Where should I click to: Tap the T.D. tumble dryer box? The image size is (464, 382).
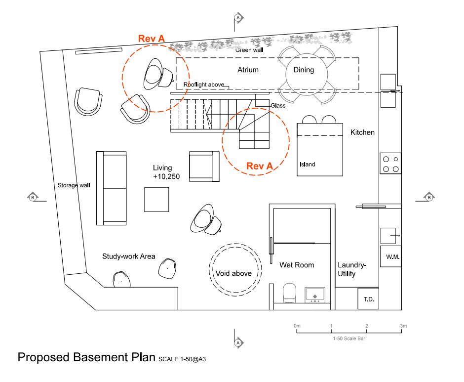click(x=368, y=299)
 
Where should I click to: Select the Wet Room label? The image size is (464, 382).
click(x=297, y=265)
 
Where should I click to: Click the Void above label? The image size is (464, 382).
click(x=233, y=273)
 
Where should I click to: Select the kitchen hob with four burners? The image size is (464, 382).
click(x=390, y=164)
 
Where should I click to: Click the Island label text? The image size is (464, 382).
click(x=307, y=165)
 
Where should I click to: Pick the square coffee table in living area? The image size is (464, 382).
click(x=156, y=199)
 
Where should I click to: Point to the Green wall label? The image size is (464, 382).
click(x=249, y=49)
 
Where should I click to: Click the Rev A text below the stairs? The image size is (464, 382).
click(x=260, y=167)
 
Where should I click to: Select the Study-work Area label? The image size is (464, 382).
click(x=128, y=256)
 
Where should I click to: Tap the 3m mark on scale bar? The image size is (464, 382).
click(x=403, y=326)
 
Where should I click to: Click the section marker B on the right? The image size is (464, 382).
click(x=429, y=197)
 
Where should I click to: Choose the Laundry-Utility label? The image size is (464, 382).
click(x=352, y=269)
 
